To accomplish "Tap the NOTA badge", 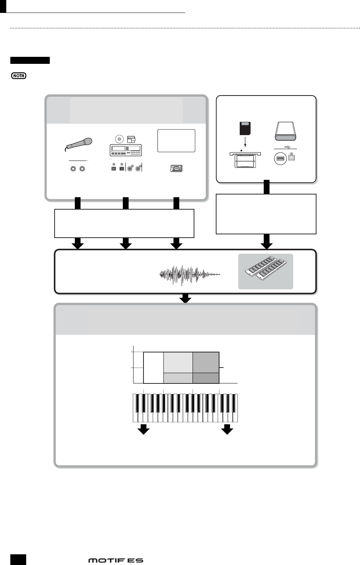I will click(18, 76).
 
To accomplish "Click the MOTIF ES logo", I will click(115, 560).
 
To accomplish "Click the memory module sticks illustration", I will click(266, 271).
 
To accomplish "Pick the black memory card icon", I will click(245, 129).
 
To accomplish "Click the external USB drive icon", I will click(285, 132).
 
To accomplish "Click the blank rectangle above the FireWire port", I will click(176, 140).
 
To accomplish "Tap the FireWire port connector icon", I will click(176, 169).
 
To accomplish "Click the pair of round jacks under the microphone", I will click(78, 169).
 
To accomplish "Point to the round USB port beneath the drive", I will click(280, 159).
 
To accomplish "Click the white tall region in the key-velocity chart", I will click(153, 368).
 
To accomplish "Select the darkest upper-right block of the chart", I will click(206, 362).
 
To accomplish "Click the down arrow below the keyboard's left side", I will click(143, 429).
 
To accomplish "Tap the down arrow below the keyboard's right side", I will click(227, 429).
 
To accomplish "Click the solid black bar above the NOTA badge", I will click(30, 61).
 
